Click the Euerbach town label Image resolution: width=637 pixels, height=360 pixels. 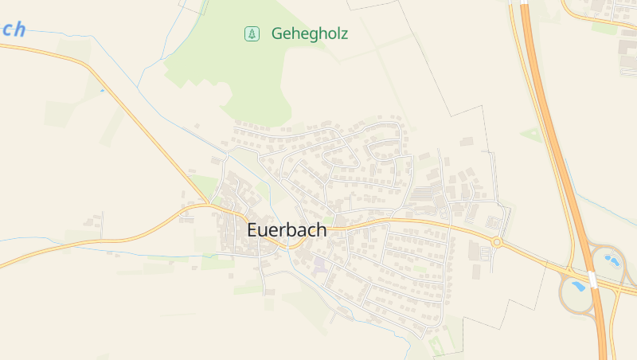point(287,229)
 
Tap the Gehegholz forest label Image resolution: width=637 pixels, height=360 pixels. point(310,33)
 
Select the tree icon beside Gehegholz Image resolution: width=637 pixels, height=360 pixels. point(252,33)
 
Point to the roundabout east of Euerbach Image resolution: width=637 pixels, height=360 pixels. point(496,241)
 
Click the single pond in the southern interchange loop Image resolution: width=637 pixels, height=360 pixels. point(578,285)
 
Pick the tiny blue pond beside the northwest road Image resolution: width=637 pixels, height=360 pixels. point(102,91)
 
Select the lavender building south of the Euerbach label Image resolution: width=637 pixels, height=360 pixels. point(319,262)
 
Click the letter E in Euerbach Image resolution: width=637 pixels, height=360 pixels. point(252,229)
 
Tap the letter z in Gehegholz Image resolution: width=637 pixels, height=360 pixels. point(343,33)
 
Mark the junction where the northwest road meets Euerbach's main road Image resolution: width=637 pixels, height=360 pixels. point(209,205)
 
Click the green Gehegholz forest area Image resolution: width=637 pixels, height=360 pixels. point(239,72)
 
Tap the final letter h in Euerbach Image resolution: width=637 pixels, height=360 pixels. point(321,229)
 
